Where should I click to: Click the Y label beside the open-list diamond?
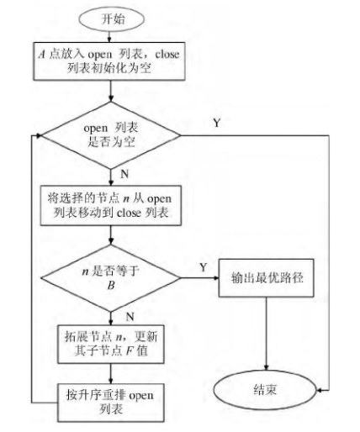[217, 124]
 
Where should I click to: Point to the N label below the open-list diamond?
[123, 175]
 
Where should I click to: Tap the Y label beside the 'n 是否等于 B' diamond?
[202, 267]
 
